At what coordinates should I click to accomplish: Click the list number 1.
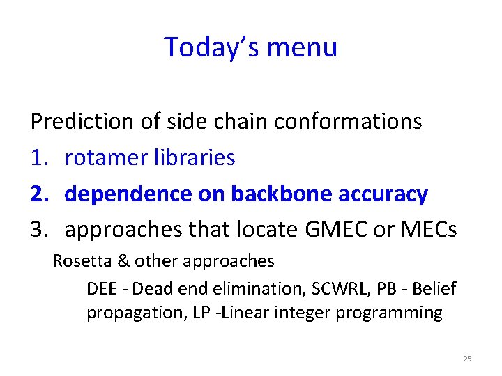click(38, 158)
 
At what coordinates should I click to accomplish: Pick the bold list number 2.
click(39, 194)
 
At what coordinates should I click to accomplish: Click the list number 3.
click(39, 230)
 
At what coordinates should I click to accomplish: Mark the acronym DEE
click(102, 287)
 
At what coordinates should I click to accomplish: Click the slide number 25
click(467, 359)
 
